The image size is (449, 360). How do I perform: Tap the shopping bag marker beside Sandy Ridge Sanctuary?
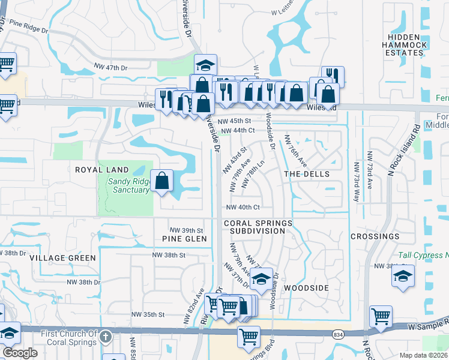pos(162,181)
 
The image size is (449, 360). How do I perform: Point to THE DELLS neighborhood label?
pos(307,173)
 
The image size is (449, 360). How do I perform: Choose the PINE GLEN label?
pos(184,239)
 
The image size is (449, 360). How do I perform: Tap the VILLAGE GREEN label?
pos(62,257)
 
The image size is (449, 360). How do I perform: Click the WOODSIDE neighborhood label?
pos(306,288)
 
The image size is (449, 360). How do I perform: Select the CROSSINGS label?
pos(375,236)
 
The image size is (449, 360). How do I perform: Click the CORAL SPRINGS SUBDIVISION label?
pos(259,227)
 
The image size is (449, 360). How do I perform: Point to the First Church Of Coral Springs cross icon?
pos(106,336)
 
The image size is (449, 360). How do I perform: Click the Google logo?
pos(20,353)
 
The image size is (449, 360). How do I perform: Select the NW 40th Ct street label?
pos(242,208)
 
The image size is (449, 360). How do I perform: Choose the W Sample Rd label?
pos(429,326)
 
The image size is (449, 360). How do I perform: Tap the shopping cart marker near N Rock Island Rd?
pos(381,316)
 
